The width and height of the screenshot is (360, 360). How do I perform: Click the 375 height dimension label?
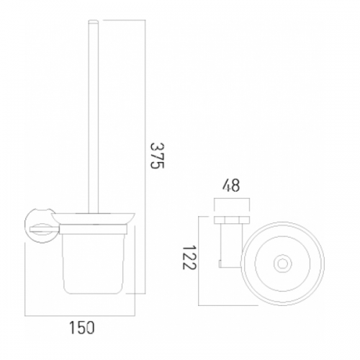pos(157,156)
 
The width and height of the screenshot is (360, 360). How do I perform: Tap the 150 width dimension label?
pos(82,328)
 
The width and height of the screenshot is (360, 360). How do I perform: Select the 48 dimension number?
pos(231,186)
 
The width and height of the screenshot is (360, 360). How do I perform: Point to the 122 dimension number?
pos(189,257)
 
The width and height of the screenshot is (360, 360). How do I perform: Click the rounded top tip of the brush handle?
pos(94,22)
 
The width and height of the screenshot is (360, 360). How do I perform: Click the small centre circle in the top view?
pos(284,264)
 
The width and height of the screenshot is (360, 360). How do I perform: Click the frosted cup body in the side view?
pos(93,264)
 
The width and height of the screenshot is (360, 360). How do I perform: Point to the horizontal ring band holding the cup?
pos(93,229)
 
